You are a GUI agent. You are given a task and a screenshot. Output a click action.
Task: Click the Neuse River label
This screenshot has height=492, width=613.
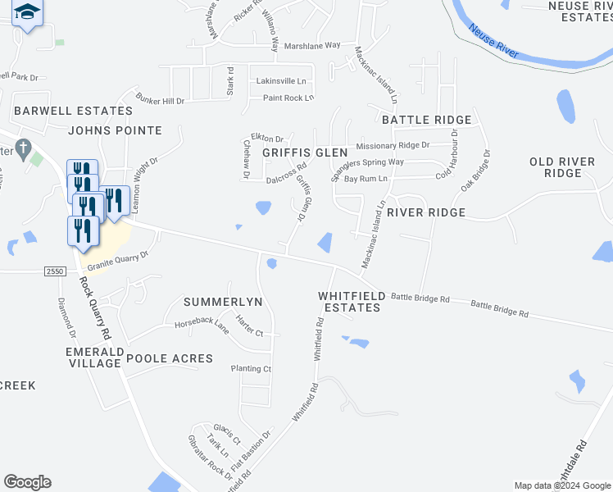494,41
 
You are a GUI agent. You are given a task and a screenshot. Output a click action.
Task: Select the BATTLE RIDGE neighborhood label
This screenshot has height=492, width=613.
426,120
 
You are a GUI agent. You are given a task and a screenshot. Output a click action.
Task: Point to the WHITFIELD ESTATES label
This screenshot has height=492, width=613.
349,301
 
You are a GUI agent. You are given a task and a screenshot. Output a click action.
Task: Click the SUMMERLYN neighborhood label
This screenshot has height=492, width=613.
223,302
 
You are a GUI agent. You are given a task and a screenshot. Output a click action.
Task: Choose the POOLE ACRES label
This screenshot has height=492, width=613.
170,358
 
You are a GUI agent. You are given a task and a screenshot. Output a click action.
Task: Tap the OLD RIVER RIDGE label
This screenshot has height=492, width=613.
562,167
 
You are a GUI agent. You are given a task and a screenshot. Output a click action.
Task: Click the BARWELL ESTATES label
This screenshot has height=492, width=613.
73,111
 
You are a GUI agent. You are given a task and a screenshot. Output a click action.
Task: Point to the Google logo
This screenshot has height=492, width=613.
27,482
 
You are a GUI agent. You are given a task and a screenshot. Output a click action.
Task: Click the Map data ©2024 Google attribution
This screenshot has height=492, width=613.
562,485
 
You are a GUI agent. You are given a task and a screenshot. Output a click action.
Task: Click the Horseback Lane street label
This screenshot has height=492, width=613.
201,326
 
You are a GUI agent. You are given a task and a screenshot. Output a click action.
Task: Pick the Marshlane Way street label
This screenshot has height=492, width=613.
311,46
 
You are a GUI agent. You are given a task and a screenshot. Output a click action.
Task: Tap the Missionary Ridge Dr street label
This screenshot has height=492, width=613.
392,145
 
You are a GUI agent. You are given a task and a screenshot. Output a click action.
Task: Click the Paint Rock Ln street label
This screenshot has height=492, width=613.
288,98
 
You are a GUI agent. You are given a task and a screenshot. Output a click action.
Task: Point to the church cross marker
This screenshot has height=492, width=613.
25,149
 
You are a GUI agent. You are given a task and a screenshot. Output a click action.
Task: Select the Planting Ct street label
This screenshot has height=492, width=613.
251,369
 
